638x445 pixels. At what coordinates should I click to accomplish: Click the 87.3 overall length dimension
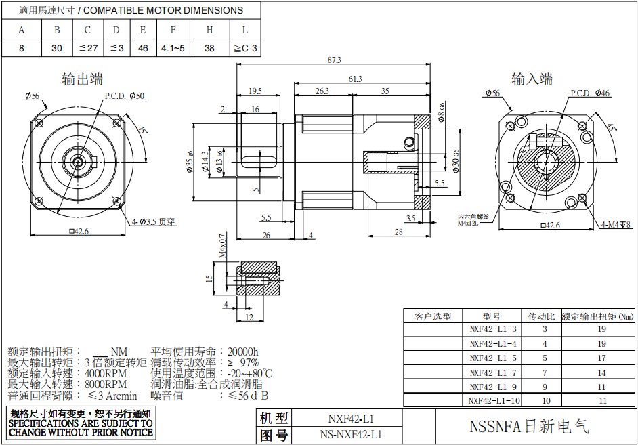pyautogui.click(x=334, y=60)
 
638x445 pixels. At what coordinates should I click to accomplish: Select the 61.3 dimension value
pyautogui.click(x=355, y=79)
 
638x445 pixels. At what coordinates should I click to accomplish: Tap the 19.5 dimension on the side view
pyautogui.click(x=255, y=91)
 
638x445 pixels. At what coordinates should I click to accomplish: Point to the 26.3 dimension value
pyautogui.click(x=322, y=91)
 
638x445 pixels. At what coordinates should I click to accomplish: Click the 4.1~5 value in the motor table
pyautogui.click(x=173, y=49)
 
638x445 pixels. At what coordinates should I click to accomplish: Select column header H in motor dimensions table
pyautogui.click(x=210, y=30)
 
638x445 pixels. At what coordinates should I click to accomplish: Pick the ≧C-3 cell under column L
pyautogui.click(x=245, y=49)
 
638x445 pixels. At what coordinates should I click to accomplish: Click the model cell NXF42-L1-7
pyautogui.click(x=493, y=373)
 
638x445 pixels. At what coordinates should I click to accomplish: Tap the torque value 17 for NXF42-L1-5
pyautogui.click(x=602, y=358)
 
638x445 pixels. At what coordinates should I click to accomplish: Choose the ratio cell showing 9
pyautogui.click(x=544, y=387)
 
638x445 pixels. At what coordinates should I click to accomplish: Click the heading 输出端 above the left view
pyautogui.click(x=82, y=79)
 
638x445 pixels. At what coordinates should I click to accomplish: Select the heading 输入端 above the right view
pyautogui.click(x=532, y=79)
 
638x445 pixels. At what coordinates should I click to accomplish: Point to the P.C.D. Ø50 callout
pyautogui.click(x=125, y=96)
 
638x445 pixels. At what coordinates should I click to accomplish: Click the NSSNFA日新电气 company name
pyautogui.click(x=529, y=426)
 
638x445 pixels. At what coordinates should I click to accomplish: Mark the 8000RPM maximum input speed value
pyautogui.click(x=106, y=384)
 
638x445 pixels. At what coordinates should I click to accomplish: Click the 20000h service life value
pyautogui.click(x=243, y=352)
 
